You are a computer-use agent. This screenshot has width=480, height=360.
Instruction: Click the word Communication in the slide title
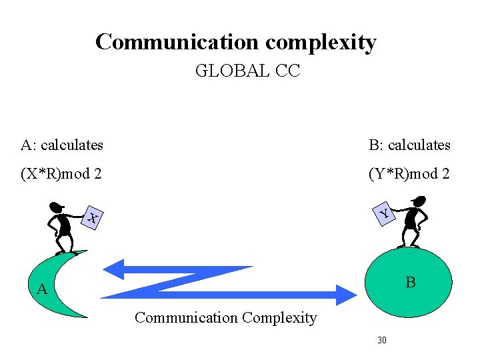177,42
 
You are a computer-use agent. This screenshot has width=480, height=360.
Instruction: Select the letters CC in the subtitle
287,71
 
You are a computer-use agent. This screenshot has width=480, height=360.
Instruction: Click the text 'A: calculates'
62,145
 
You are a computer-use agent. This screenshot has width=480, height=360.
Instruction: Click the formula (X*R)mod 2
61,174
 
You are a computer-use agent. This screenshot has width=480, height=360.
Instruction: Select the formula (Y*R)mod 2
409,174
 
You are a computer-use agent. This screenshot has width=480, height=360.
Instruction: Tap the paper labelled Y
385,213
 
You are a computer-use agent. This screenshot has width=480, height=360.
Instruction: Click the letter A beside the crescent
42,289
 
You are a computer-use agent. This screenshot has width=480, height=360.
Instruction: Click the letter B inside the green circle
411,283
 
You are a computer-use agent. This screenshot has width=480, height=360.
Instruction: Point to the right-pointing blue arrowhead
345,294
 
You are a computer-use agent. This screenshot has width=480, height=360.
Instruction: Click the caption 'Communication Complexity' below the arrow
225,317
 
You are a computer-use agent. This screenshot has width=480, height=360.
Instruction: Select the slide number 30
382,341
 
